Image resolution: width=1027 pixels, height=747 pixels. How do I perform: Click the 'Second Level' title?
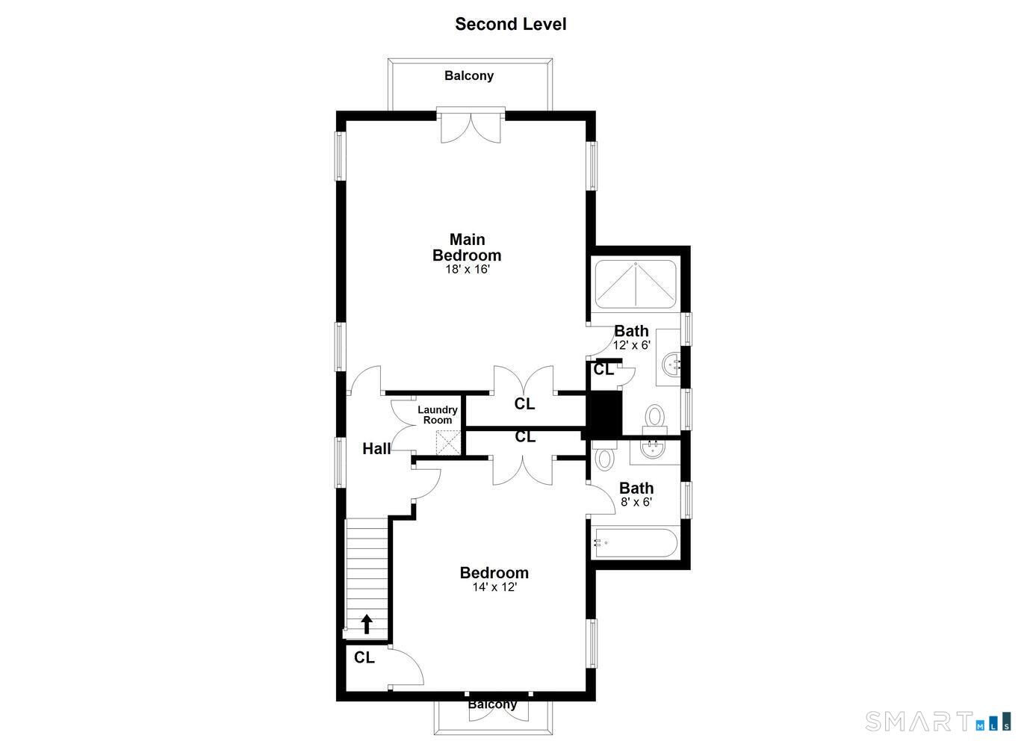[510, 24]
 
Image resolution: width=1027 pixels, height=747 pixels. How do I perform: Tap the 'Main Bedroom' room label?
[467, 247]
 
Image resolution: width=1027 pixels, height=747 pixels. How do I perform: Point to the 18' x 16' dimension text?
[467, 269]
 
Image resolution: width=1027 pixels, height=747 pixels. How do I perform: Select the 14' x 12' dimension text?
[494, 587]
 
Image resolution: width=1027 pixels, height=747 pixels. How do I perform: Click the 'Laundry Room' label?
[437, 415]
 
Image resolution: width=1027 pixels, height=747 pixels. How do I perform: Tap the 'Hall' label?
[376, 449]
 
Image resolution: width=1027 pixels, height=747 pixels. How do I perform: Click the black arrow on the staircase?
[367, 624]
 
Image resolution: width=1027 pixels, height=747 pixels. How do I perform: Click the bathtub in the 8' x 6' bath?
[635, 543]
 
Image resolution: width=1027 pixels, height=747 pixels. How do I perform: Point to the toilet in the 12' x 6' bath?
[655, 416]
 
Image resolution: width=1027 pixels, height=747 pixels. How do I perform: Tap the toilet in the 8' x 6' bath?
[604, 456]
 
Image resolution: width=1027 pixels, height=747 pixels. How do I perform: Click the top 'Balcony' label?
[468, 75]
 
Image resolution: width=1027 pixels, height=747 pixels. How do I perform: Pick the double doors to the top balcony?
[471, 125]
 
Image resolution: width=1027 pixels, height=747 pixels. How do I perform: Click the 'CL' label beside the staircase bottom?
[364, 657]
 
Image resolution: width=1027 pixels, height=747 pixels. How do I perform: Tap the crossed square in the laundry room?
[450, 442]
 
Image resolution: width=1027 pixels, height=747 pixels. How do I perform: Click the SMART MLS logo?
[938, 722]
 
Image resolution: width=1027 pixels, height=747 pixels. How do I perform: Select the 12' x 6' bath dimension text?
[631, 345]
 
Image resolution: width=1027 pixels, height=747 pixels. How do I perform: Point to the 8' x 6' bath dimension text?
[636, 502]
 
